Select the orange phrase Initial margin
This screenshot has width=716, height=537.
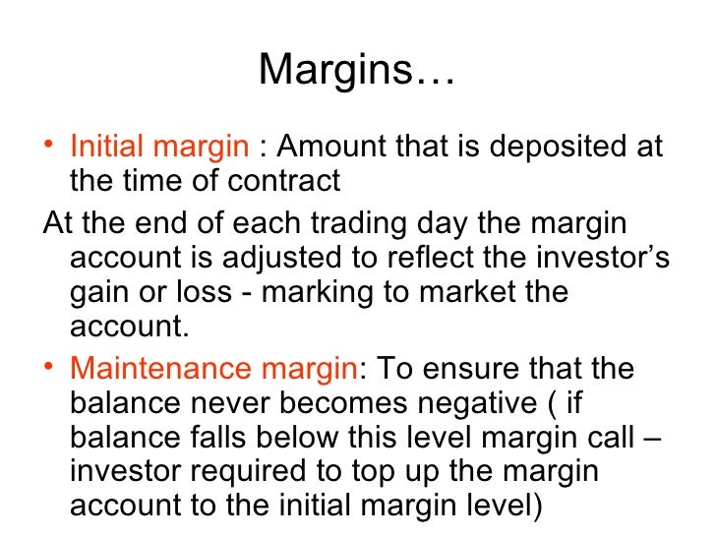point(159,148)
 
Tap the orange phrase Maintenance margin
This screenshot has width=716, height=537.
point(215,369)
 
